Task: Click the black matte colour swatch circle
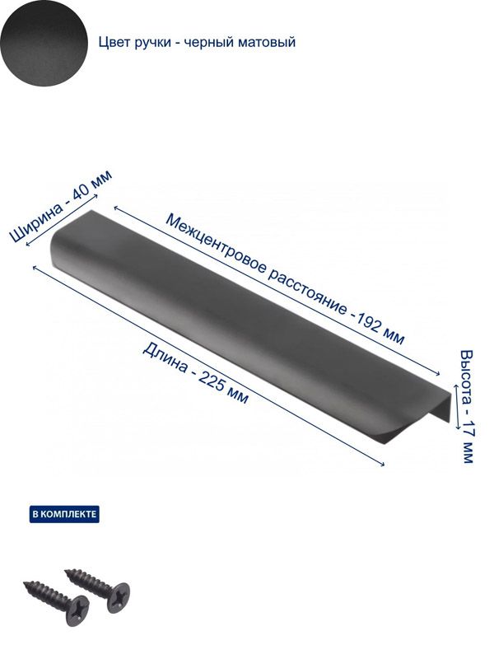44,44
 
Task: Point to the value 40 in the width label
81,192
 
